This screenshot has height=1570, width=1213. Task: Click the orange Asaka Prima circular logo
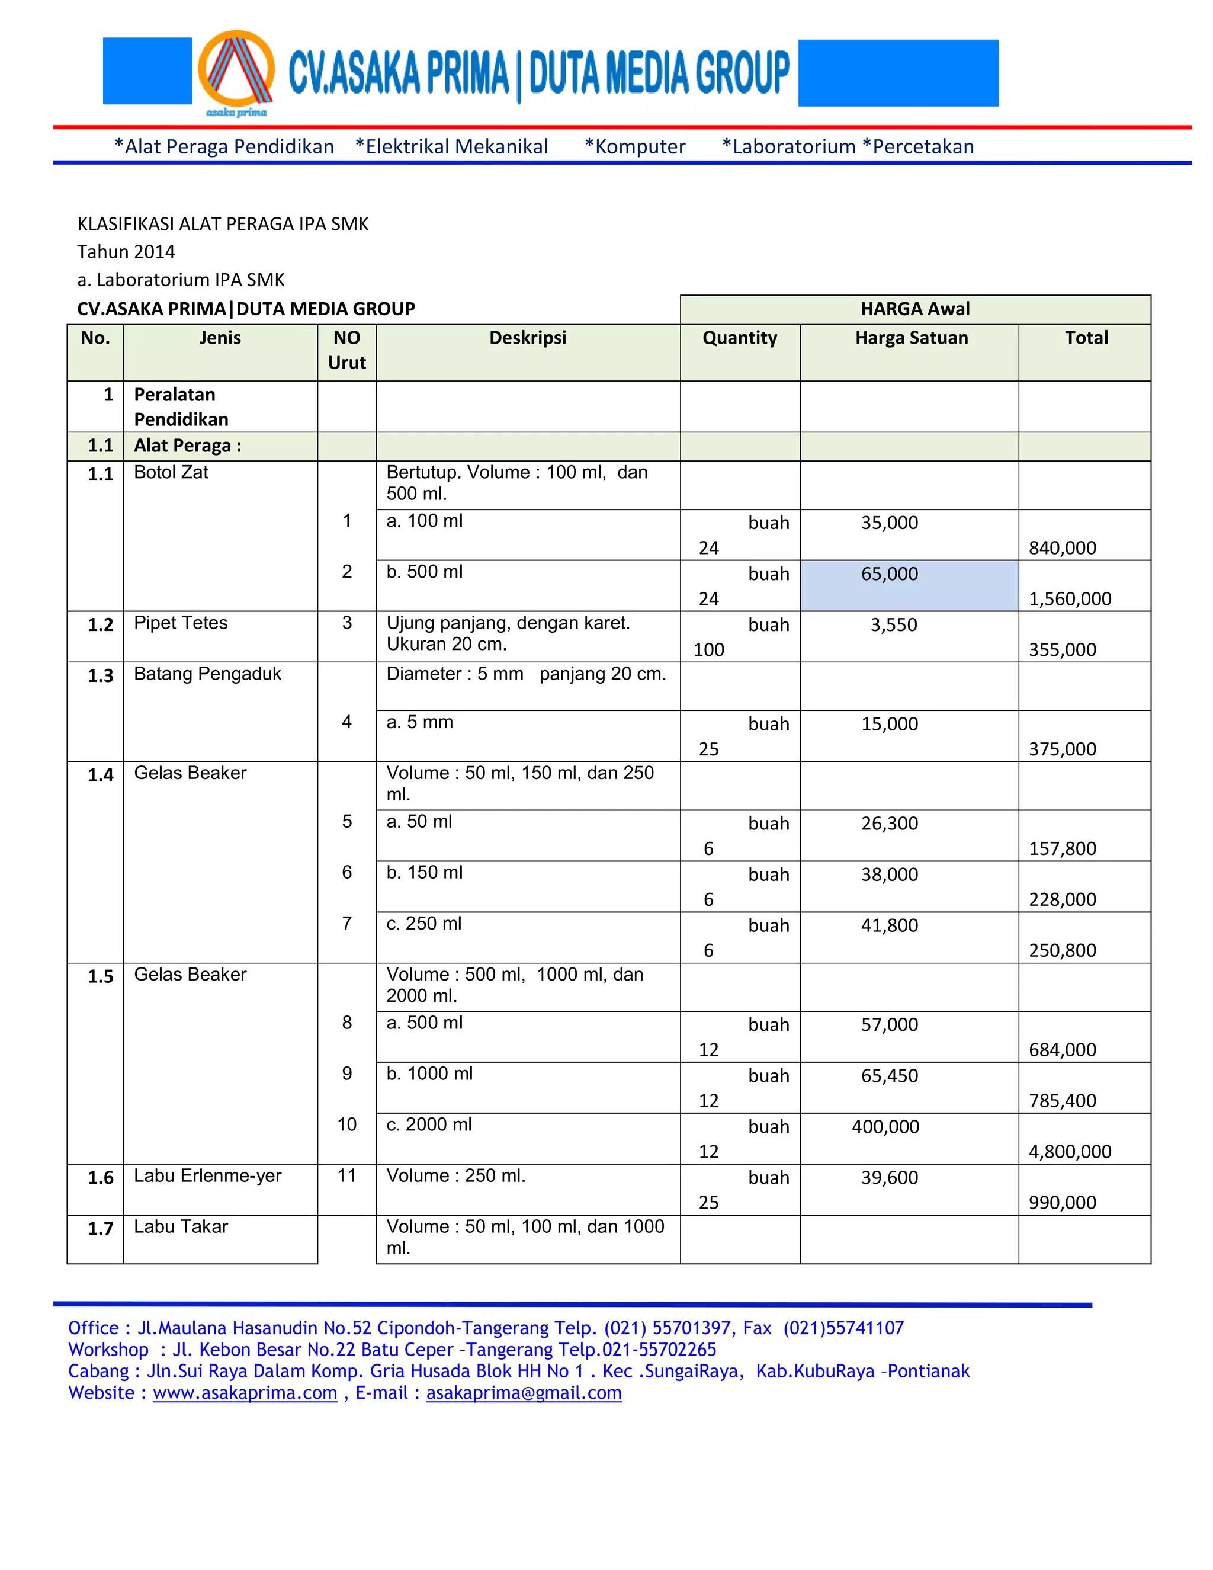click(236, 72)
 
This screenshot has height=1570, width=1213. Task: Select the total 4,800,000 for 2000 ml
click(1069, 1151)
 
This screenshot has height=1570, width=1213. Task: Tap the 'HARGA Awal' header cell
click(914, 309)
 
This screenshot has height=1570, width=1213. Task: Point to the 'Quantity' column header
click(739, 338)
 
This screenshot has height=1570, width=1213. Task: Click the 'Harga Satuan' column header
click(910, 338)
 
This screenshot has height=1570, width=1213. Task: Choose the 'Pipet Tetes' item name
click(181, 623)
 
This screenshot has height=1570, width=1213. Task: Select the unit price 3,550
click(893, 624)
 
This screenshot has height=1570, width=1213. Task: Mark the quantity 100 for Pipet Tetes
click(708, 649)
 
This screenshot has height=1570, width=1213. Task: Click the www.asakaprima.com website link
click(245, 1392)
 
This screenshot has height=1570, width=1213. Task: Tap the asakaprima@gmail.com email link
click(523, 1392)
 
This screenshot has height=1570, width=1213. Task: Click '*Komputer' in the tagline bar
click(634, 147)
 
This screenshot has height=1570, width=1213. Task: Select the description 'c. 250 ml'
click(423, 923)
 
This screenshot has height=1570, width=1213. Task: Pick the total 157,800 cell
click(1062, 848)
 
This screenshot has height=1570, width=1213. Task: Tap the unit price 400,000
click(885, 1126)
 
